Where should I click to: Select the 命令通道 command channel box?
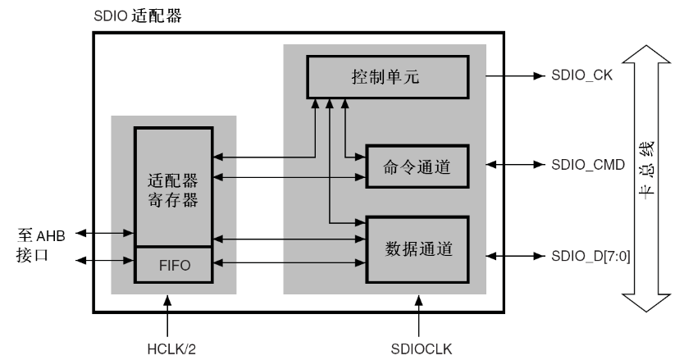(417, 166)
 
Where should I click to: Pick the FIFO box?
(173, 264)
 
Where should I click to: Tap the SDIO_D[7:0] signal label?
(595, 257)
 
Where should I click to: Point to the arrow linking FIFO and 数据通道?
(289, 263)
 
